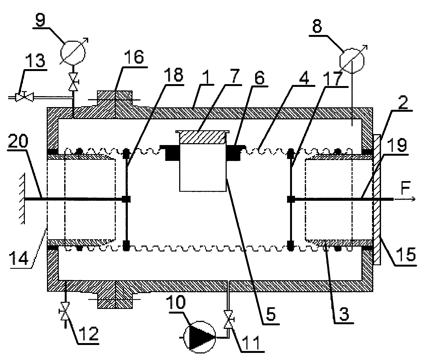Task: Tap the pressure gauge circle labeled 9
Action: [x=73, y=52]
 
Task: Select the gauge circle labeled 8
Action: [x=352, y=60]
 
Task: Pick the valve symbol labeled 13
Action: [x=25, y=96]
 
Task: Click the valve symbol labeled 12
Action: [x=64, y=312]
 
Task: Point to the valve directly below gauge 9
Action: [x=73, y=82]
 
